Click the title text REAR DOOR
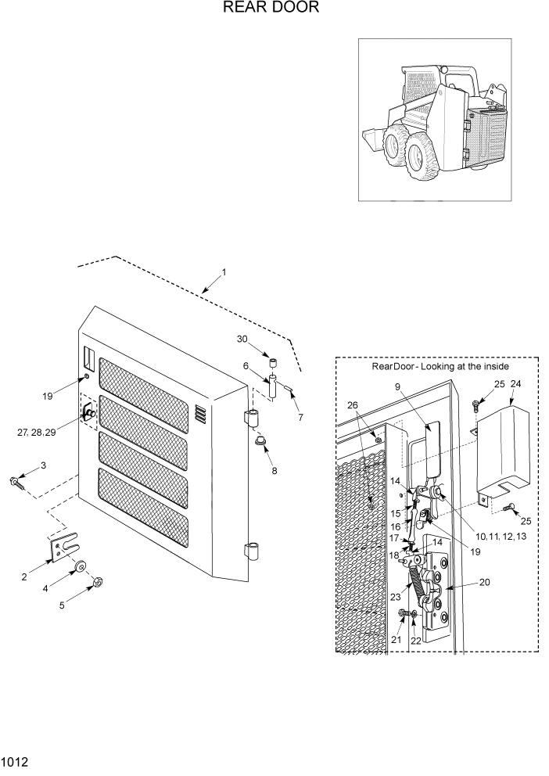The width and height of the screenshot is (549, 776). tap(271, 9)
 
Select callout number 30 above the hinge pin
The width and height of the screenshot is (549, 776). tap(242, 339)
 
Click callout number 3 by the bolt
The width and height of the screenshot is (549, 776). tap(43, 466)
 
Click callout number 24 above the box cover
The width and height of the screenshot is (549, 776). tap(515, 383)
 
